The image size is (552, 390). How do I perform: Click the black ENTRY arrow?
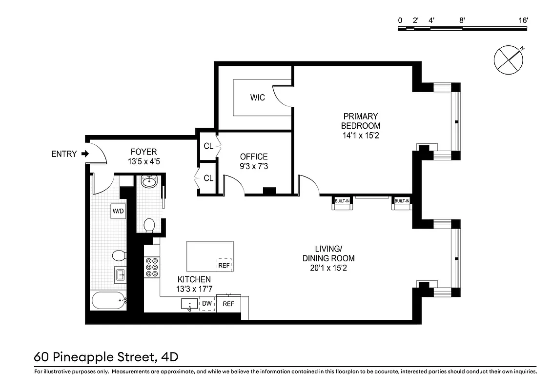pyautogui.click(x=85, y=154)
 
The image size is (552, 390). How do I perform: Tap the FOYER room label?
pyautogui.click(x=143, y=152)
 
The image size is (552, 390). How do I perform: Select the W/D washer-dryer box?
pyautogui.click(x=118, y=211)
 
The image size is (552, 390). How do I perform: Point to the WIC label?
pyautogui.click(x=258, y=97)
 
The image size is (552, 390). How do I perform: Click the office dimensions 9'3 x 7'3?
pyautogui.click(x=254, y=166)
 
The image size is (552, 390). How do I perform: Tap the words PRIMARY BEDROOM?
pyautogui.click(x=361, y=121)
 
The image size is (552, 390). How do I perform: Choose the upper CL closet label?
pyautogui.click(x=208, y=146)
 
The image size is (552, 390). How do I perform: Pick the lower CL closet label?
pyautogui.click(x=208, y=178)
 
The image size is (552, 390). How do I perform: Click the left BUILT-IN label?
pyautogui.click(x=342, y=201)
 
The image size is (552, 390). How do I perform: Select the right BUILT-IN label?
pyautogui.click(x=402, y=201)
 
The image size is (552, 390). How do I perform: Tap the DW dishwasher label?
pyautogui.click(x=207, y=304)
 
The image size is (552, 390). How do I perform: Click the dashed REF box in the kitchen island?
pyautogui.click(x=224, y=265)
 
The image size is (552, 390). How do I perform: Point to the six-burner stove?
pyautogui.click(x=152, y=267)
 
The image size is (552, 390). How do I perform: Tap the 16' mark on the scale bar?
pyautogui.click(x=524, y=20)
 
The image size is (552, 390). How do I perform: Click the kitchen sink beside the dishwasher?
pyautogui.click(x=189, y=304)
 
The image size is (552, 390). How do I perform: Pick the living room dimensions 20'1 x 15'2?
pyautogui.click(x=328, y=268)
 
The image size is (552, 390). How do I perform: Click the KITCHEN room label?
pyautogui.click(x=194, y=279)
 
